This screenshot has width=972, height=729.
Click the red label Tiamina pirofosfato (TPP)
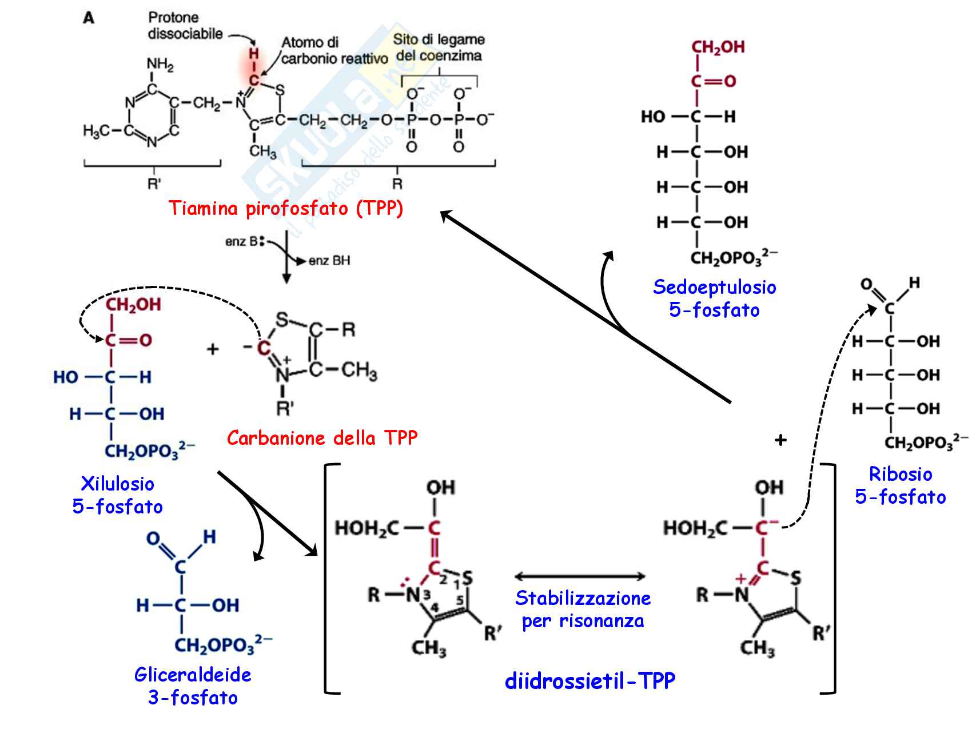tap(286, 208)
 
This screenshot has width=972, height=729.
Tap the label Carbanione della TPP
tap(322, 438)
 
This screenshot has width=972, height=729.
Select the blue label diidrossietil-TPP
tap(590, 680)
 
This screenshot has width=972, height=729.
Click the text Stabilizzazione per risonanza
tap(583, 610)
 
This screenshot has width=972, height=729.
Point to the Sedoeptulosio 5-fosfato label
tap(714, 298)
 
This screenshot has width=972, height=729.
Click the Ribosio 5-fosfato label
tap(901, 485)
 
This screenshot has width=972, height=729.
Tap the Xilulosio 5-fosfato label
tap(118, 495)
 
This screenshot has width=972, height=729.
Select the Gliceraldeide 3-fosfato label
tap(193, 686)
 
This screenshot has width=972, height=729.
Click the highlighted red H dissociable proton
tap(254, 54)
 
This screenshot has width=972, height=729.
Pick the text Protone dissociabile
tap(185, 26)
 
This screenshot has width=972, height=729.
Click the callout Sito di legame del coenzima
tap(439, 48)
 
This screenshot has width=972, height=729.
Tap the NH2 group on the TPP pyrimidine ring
tap(160, 64)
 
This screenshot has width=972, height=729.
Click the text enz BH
tap(329, 261)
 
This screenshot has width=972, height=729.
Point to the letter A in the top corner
tap(89, 18)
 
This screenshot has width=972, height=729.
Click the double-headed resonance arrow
tap(580, 576)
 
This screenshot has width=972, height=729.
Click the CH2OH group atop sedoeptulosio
tap(718, 47)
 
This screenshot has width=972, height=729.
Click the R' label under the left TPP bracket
tap(154, 184)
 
